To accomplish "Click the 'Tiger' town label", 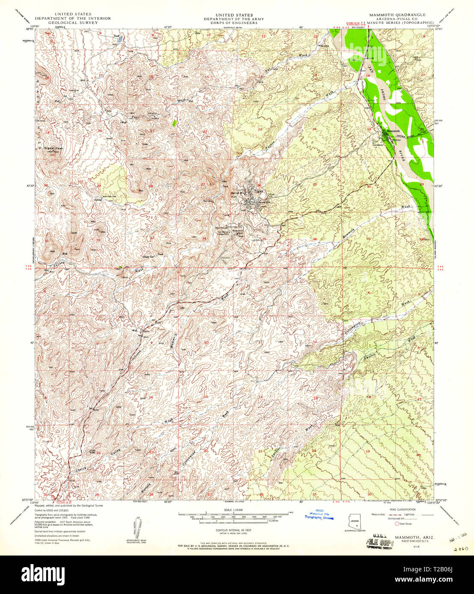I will point(259,191).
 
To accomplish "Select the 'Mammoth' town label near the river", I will point(393,131).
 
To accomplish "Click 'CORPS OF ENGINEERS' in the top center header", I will point(234,23).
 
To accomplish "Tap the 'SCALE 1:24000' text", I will point(233,510).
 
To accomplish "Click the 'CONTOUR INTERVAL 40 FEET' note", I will point(233,529).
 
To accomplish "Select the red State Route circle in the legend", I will point(396,523).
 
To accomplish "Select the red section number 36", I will point(315,239).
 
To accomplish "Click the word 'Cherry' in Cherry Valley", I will point(81,469).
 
